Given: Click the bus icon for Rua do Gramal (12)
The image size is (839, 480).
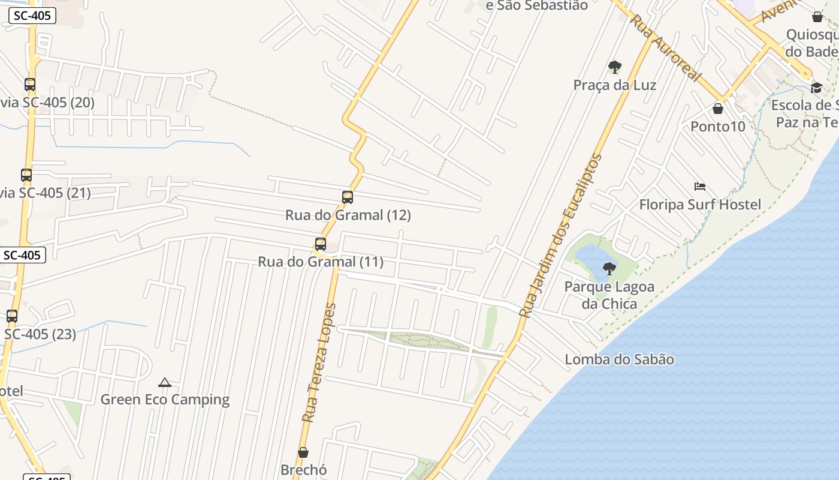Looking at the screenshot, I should [347, 197].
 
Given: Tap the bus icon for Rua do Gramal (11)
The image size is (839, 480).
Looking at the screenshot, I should [321, 244].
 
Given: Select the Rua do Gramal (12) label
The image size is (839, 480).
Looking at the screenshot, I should [348, 215].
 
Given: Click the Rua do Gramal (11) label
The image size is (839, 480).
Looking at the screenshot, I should [321, 262].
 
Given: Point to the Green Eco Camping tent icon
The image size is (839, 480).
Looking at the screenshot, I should [165, 382].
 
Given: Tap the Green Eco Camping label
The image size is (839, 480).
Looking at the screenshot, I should [165, 400].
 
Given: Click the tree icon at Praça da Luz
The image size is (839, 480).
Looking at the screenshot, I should [614, 67].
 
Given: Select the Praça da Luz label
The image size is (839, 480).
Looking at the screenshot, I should [614, 85].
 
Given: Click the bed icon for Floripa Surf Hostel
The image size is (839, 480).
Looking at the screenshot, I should [699, 187].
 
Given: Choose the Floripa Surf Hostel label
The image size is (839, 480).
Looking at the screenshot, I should [699, 205].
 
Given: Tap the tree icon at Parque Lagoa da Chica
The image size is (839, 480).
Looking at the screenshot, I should [609, 268].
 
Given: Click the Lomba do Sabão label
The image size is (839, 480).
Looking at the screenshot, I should [619, 359].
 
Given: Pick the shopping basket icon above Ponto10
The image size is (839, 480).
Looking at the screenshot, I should [717, 109].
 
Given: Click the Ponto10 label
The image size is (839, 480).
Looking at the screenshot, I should [717, 127].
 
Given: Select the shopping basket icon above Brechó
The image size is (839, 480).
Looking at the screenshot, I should [303, 452].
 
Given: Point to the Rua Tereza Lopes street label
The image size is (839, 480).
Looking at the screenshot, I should [319, 363].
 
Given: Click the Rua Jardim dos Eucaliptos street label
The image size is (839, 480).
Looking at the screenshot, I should [560, 235].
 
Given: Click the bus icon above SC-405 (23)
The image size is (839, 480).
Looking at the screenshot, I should [12, 316].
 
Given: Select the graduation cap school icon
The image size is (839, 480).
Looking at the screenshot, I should [816, 88].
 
